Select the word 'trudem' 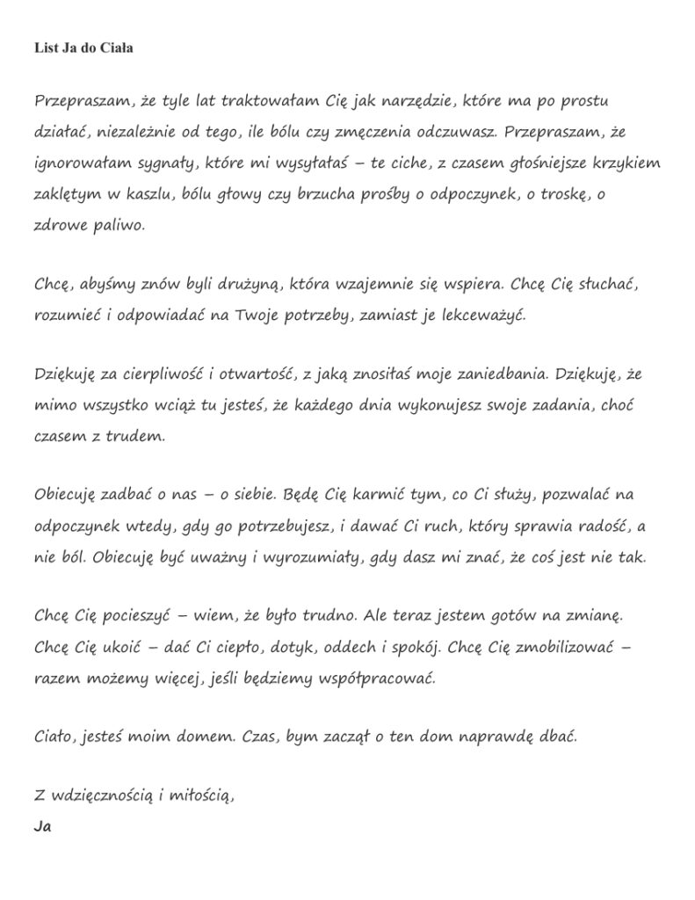tap(135, 435)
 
